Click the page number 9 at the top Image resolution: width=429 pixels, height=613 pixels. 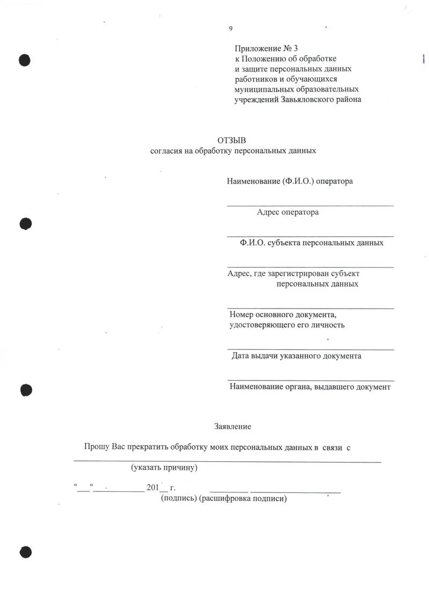pyautogui.click(x=231, y=28)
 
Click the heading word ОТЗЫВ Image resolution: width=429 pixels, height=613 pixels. pyautogui.click(x=233, y=140)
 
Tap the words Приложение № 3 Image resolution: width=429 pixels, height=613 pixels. pyautogui.click(x=262, y=49)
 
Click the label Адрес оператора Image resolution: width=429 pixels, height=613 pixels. pyautogui.click(x=287, y=212)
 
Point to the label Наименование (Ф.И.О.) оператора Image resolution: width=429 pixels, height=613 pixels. pyautogui.click(x=290, y=181)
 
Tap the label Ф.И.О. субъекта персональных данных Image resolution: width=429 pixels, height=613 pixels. pyautogui.click(x=312, y=243)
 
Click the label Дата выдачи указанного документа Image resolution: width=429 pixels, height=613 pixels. pyautogui.click(x=296, y=356)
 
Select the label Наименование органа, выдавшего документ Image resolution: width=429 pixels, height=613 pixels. pyautogui.click(x=309, y=387)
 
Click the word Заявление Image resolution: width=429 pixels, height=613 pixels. pyautogui.click(x=233, y=427)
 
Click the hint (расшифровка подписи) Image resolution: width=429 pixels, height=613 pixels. pyautogui.click(x=243, y=499)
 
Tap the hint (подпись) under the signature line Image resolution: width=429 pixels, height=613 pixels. pyautogui.click(x=179, y=499)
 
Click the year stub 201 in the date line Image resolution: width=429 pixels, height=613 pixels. pyautogui.click(x=152, y=488)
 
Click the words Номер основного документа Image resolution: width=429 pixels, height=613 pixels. pyautogui.click(x=282, y=315)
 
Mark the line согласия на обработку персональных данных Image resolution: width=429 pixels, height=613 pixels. pyautogui.click(x=233, y=151)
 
